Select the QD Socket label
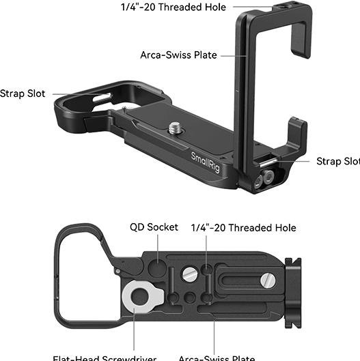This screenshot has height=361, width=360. pos(154,227)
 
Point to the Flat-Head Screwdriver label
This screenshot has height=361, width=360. pos(105,358)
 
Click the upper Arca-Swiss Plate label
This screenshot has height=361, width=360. pos(178,55)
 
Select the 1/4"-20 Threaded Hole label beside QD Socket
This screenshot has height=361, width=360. pos(243,227)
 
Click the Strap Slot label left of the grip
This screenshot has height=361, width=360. pos(23,93)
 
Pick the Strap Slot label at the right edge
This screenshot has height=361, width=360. pos(337,161)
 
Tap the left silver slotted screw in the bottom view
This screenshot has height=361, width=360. pos(191,273)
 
